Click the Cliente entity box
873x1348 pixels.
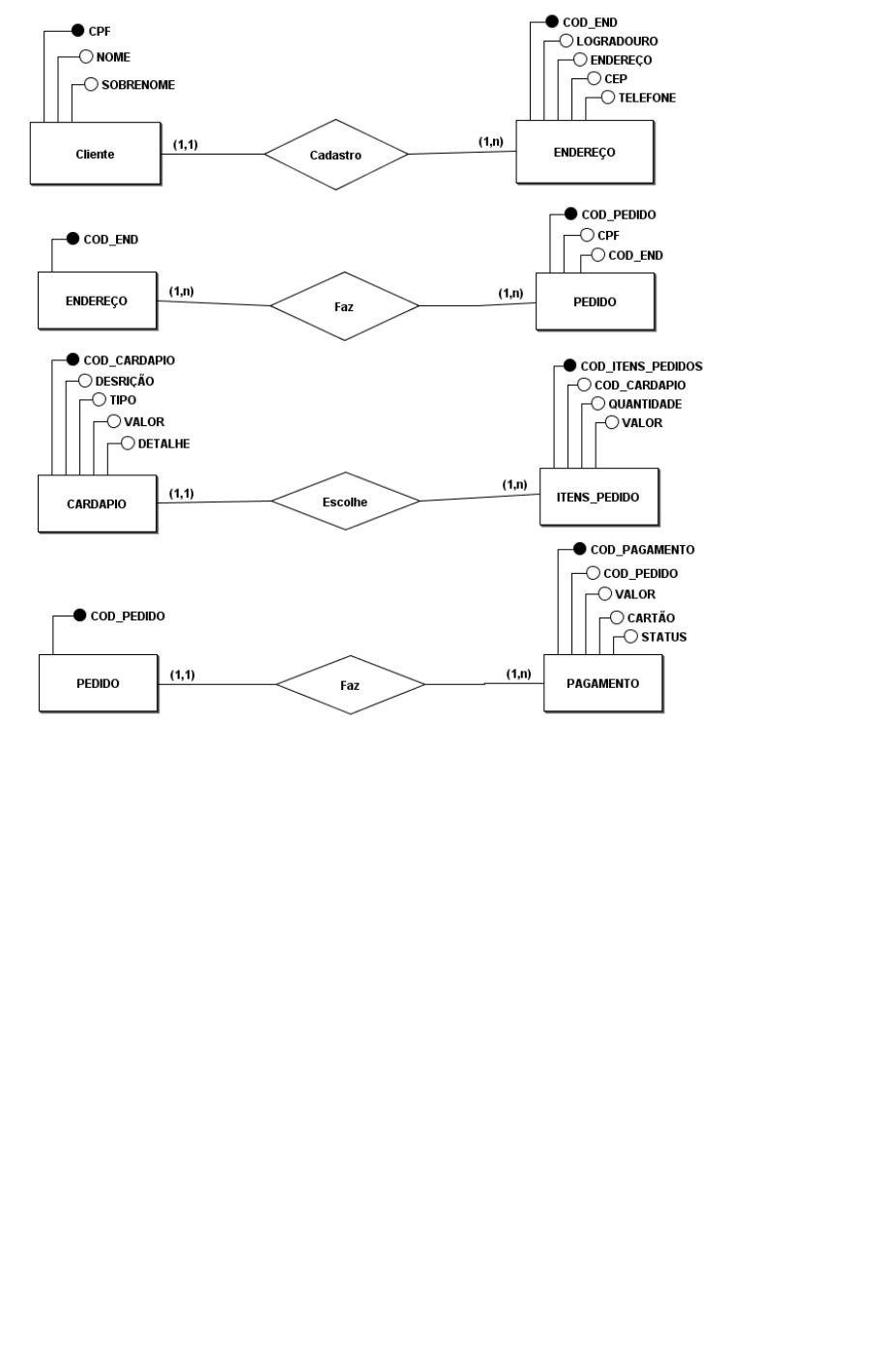click(x=96, y=154)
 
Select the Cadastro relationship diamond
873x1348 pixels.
click(x=335, y=155)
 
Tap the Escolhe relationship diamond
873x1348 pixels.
click(x=345, y=501)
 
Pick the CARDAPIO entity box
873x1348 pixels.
click(x=98, y=503)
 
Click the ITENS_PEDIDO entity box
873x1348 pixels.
click(x=599, y=497)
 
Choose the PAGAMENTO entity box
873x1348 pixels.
click(x=603, y=683)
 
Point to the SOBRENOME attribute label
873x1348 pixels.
click(x=138, y=85)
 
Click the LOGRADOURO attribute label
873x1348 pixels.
click(x=617, y=41)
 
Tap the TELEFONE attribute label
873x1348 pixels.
click(x=647, y=98)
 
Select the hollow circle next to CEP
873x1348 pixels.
click(x=595, y=78)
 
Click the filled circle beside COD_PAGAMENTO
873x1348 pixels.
click(x=580, y=549)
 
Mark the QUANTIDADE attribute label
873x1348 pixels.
click(x=645, y=404)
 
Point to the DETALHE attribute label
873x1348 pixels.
click(x=163, y=444)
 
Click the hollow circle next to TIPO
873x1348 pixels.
click(x=100, y=400)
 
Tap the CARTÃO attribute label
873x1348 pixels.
click(x=651, y=617)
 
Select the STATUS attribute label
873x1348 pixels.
click(x=663, y=637)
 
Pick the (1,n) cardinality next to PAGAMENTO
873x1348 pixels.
click(x=518, y=674)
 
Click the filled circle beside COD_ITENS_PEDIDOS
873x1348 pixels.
click(x=569, y=365)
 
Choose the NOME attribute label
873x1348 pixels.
click(x=113, y=57)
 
